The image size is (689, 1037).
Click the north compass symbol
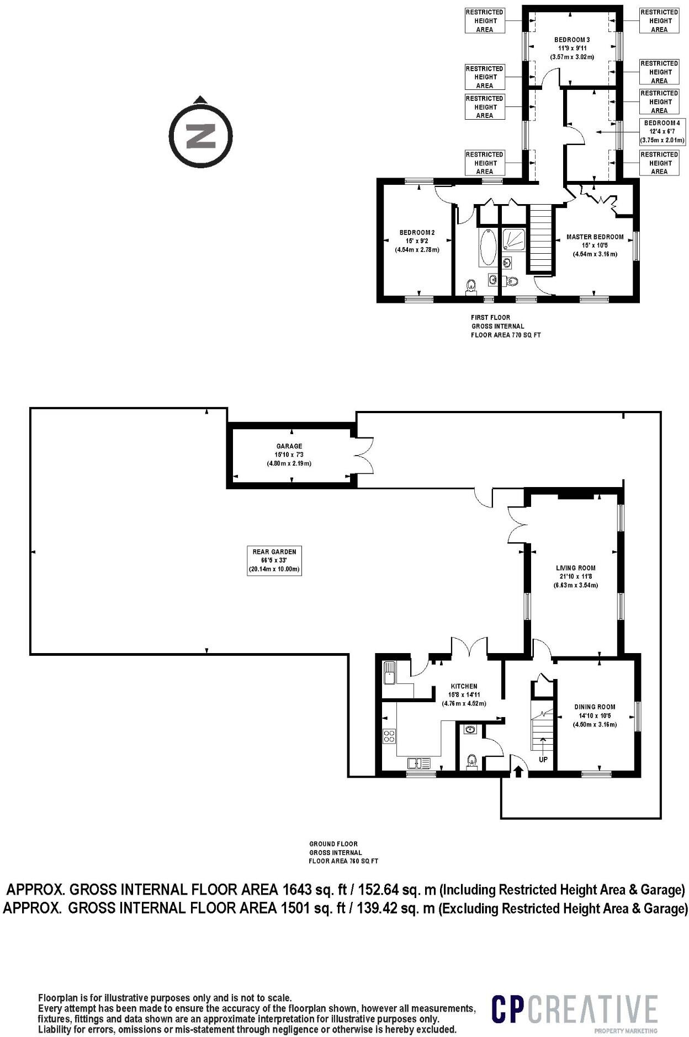click(200, 134)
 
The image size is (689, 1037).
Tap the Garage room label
click(289, 455)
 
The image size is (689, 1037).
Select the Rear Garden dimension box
click(274, 560)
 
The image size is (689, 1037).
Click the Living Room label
click(575, 576)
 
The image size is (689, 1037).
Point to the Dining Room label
click(595, 715)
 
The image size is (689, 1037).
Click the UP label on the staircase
click(543, 760)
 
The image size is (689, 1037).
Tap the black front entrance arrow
click(518, 771)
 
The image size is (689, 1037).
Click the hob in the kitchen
click(389, 736)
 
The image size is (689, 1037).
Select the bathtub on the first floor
click(487, 249)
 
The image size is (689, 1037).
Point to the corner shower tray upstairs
click(514, 239)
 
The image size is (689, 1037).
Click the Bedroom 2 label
click(417, 241)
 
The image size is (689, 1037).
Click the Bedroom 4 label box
click(661, 131)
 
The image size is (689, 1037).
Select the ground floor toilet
click(471, 761)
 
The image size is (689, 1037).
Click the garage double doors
click(365, 455)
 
